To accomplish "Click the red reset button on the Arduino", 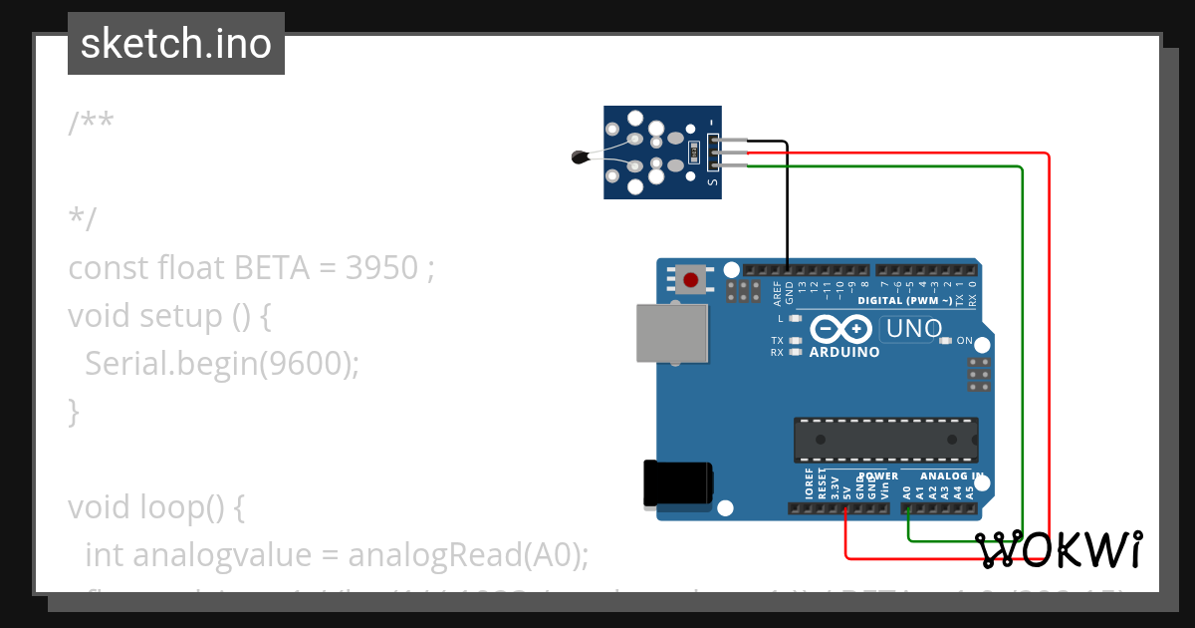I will [691, 279].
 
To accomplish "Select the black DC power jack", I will [677, 483].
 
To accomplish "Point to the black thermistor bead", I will [580, 156].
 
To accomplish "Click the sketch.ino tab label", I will [176, 44].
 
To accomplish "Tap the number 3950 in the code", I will [381, 268].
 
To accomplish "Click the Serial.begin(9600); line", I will [221, 364].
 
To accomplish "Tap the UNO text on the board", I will [913, 328].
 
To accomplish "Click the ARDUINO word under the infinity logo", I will [844, 352].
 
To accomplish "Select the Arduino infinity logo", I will [843, 328].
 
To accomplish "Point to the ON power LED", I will [945, 341].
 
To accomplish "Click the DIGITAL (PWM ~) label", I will [904, 300].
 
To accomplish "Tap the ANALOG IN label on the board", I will [952, 475].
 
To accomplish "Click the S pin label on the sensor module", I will [711, 180].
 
